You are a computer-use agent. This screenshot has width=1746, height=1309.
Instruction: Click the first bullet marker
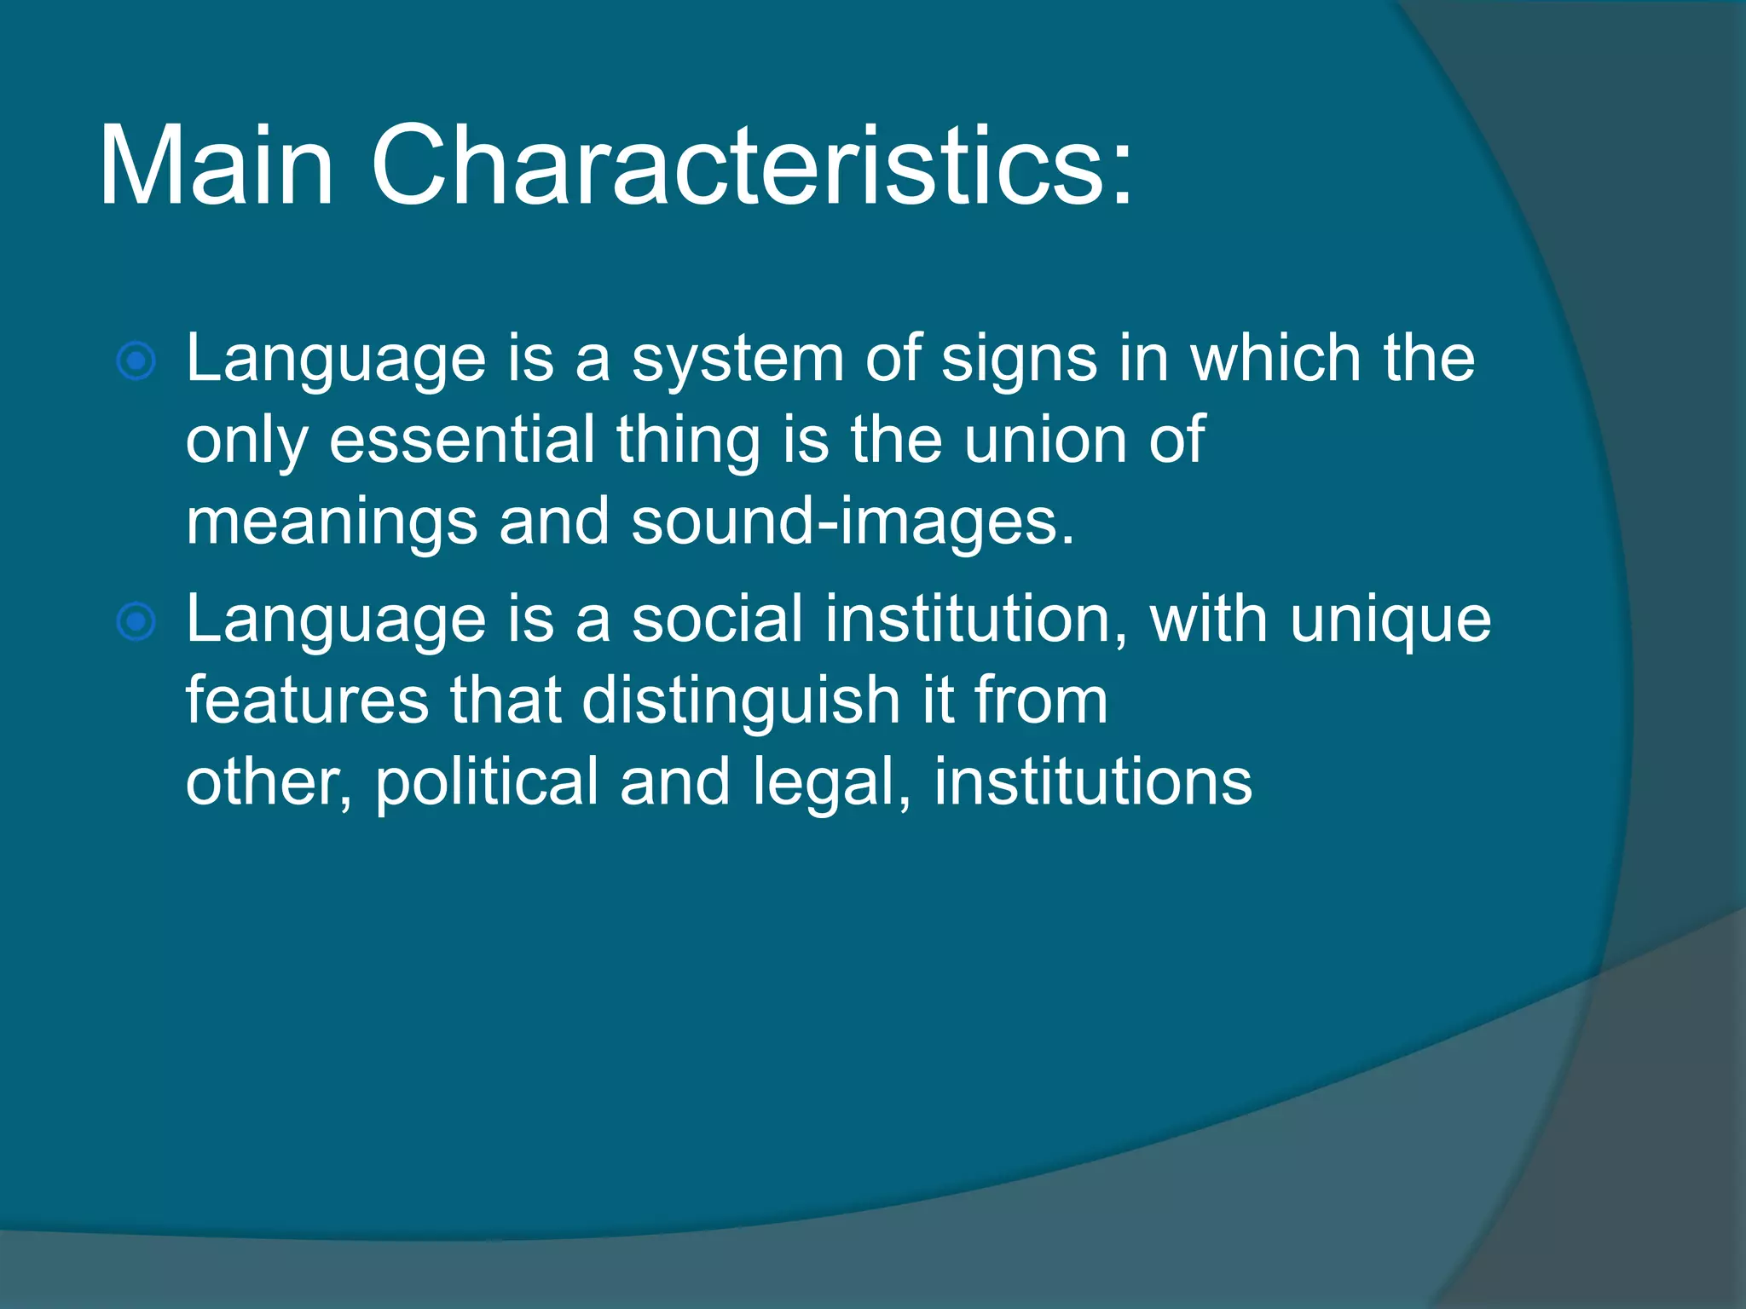136,361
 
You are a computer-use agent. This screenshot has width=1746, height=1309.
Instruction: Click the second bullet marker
136,621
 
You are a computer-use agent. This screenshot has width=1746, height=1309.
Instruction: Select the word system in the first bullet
737,360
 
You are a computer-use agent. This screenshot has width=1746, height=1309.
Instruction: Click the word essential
461,441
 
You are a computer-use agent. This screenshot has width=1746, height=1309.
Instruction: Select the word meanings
331,522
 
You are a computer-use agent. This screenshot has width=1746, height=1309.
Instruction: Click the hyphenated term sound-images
852,522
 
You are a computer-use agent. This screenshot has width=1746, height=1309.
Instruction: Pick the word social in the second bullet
716,620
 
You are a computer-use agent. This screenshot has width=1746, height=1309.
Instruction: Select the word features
307,701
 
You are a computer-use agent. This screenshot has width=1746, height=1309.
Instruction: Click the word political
486,782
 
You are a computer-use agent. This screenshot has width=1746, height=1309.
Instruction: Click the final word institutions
1092,782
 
